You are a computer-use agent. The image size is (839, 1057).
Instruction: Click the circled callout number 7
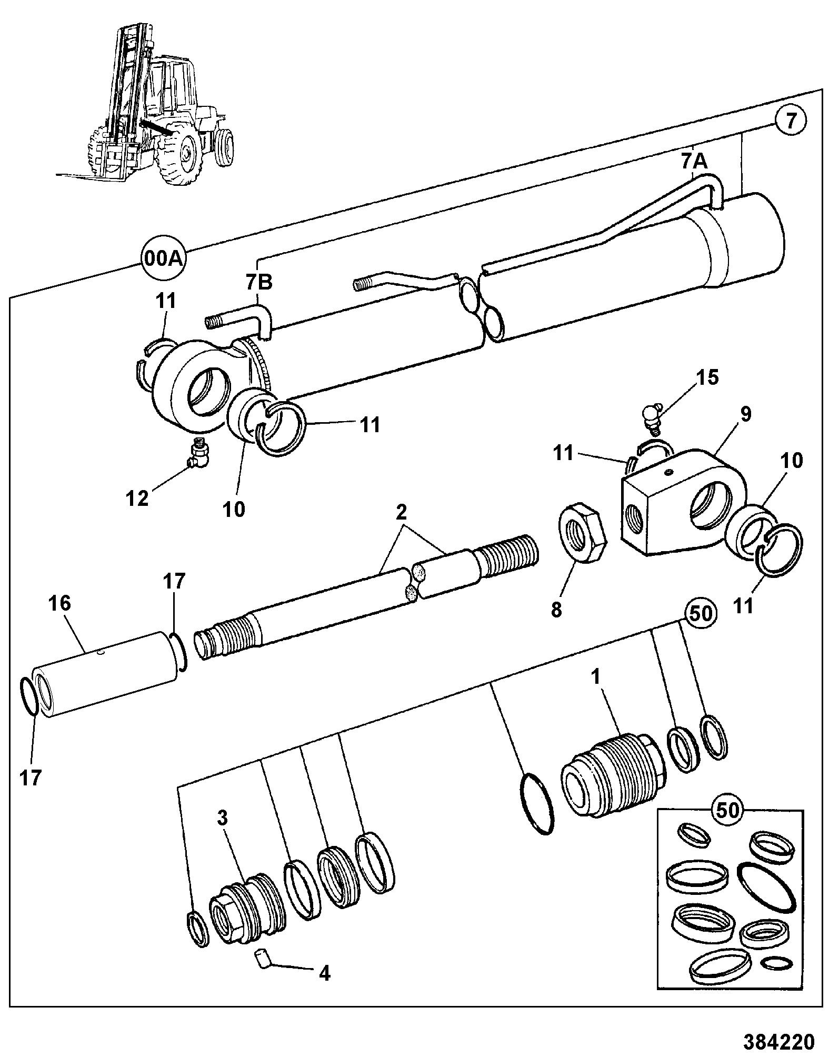click(x=791, y=122)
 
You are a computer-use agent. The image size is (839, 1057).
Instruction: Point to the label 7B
click(x=259, y=282)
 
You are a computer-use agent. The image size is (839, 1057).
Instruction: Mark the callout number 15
click(x=706, y=377)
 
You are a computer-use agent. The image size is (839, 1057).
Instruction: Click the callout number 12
click(x=138, y=497)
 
